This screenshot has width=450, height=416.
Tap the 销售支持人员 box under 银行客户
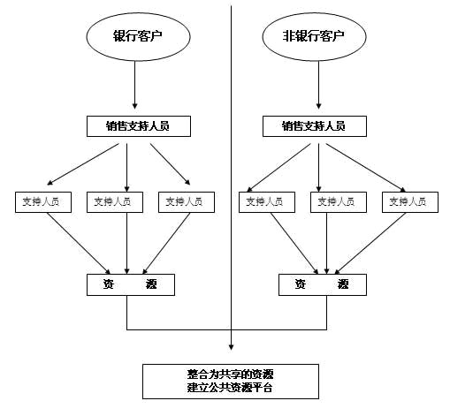click(x=139, y=126)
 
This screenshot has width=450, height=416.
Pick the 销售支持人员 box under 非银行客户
click(x=312, y=126)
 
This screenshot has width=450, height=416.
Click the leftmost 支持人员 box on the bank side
click(x=42, y=201)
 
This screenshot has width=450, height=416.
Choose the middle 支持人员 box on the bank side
click(x=113, y=201)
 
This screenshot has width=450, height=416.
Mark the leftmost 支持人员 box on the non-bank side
click(x=266, y=201)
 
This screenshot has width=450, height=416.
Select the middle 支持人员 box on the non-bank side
click(x=338, y=201)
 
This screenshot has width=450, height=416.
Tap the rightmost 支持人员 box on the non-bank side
click(x=410, y=201)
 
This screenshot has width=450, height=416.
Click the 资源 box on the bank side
click(x=130, y=284)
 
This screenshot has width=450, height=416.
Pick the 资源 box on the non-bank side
click(x=322, y=284)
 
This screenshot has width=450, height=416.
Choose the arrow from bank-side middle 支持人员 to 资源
click(x=128, y=243)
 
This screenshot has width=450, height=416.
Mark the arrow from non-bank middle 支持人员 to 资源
click(x=328, y=243)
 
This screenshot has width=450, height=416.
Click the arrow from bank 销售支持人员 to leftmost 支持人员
click(x=80, y=163)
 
